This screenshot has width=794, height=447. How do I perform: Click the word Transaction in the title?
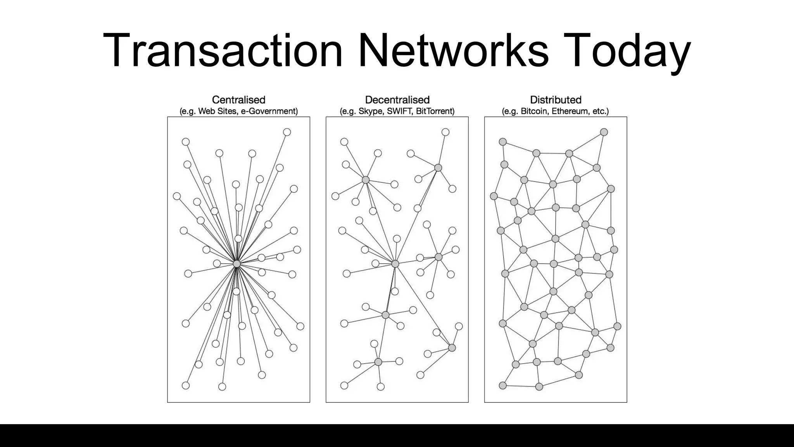(x=223, y=51)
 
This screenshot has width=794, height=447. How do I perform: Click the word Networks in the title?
(x=454, y=51)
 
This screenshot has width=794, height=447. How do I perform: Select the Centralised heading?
(x=238, y=100)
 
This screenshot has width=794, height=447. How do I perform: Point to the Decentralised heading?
(x=397, y=100)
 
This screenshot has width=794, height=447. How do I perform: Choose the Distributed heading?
(x=556, y=100)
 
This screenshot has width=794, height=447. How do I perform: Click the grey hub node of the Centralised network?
(x=236, y=264)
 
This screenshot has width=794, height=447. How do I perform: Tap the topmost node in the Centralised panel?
(x=287, y=132)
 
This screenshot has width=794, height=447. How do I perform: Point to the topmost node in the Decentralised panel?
(x=445, y=132)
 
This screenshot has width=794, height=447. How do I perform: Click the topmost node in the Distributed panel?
(x=604, y=132)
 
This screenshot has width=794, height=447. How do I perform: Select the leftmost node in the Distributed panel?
(x=494, y=196)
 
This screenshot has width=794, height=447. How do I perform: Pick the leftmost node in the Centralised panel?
(x=177, y=196)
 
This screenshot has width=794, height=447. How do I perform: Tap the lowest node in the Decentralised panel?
(x=381, y=386)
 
